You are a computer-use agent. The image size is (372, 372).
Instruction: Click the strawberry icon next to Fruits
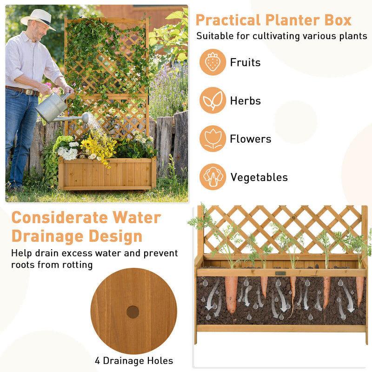coord(213,62)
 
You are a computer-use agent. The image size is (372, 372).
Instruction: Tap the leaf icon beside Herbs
coord(213,100)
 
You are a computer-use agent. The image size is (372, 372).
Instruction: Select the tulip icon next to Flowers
coord(213,139)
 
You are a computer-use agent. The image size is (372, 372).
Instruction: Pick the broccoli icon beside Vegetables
coord(213,177)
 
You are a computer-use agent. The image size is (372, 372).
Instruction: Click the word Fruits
coord(245,62)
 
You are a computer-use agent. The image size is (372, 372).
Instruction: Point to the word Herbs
coord(245,101)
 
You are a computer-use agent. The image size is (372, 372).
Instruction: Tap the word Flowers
coord(250,139)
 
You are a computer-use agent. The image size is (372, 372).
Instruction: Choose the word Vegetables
coord(259,177)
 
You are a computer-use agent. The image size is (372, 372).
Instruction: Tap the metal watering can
coord(53,107)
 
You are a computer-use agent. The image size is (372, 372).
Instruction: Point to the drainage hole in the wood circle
coord(133,312)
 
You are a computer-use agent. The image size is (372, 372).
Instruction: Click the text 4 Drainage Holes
coord(134,361)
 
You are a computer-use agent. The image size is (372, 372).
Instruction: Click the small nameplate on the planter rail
coord(280,273)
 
